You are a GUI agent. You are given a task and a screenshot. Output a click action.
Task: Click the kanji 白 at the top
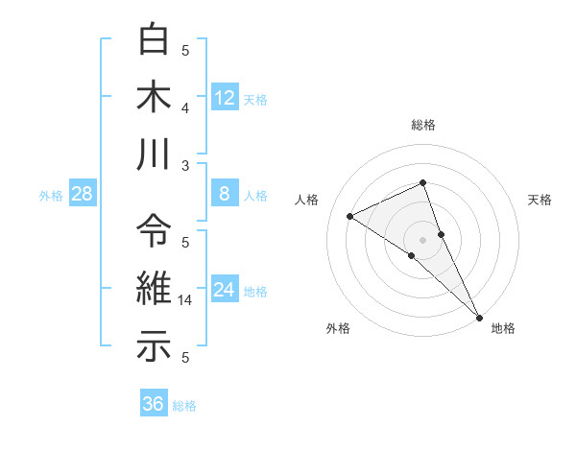pos(154,41)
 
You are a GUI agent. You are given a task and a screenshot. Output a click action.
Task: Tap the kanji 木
pos(154,98)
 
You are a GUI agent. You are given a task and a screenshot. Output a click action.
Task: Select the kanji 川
pos(154,156)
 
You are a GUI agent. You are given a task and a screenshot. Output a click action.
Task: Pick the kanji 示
pos(154,347)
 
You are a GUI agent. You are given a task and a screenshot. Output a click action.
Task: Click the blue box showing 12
pos(225,97)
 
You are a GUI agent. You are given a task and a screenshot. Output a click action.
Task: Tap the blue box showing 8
pos(225,194)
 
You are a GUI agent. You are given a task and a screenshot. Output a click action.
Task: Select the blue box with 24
pos(225,290)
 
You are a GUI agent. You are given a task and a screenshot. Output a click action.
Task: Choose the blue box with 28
pos(83,194)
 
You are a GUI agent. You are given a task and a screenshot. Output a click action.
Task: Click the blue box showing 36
pos(154,404)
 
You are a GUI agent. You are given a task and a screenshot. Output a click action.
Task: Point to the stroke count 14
pos(186,299)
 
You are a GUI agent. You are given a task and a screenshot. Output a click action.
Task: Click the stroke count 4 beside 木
pos(186,107)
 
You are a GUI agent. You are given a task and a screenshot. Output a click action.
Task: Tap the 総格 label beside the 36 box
pos(184,406)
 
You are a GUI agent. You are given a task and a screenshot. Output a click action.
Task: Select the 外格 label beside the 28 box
pos(51,196)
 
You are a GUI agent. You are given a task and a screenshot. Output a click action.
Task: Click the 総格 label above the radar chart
pos(423,125)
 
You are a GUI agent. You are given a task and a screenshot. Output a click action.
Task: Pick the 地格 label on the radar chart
pos(503,328)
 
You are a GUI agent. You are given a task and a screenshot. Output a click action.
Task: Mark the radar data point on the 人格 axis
pos(350,216)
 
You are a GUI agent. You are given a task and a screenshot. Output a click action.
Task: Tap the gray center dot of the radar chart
pos(422,239)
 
